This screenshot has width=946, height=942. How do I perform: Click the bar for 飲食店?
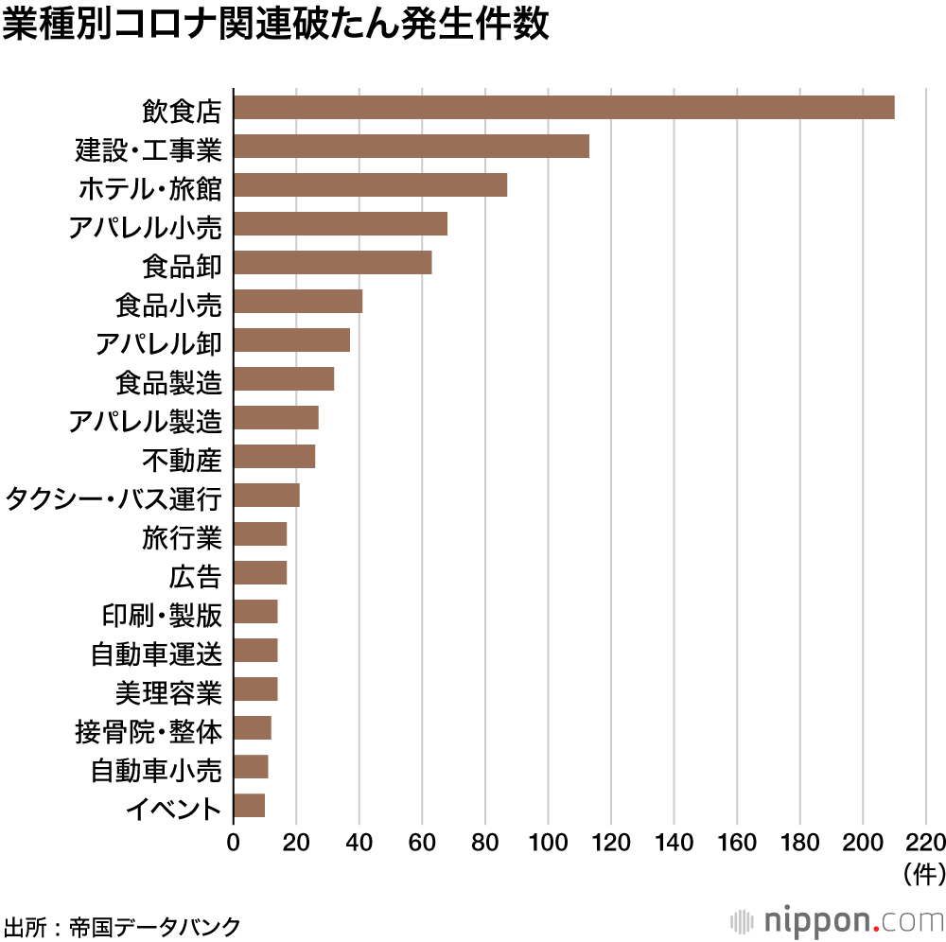click(x=564, y=108)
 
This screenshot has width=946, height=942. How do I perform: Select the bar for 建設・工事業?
click(x=412, y=147)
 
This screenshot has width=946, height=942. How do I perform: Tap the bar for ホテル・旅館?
click(x=370, y=185)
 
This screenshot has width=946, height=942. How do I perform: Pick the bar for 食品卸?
click(x=333, y=263)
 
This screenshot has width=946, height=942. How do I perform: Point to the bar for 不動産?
click(x=274, y=457)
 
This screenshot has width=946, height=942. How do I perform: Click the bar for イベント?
click(x=249, y=806)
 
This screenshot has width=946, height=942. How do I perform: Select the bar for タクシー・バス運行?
click(x=267, y=496)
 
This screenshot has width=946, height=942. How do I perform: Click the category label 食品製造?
click(x=168, y=382)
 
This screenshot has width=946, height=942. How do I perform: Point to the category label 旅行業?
click(x=182, y=537)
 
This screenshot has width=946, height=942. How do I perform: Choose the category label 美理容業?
click(x=168, y=692)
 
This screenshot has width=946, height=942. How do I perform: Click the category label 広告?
click(x=195, y=576)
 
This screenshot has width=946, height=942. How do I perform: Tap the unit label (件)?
click(x=923, y=872)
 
